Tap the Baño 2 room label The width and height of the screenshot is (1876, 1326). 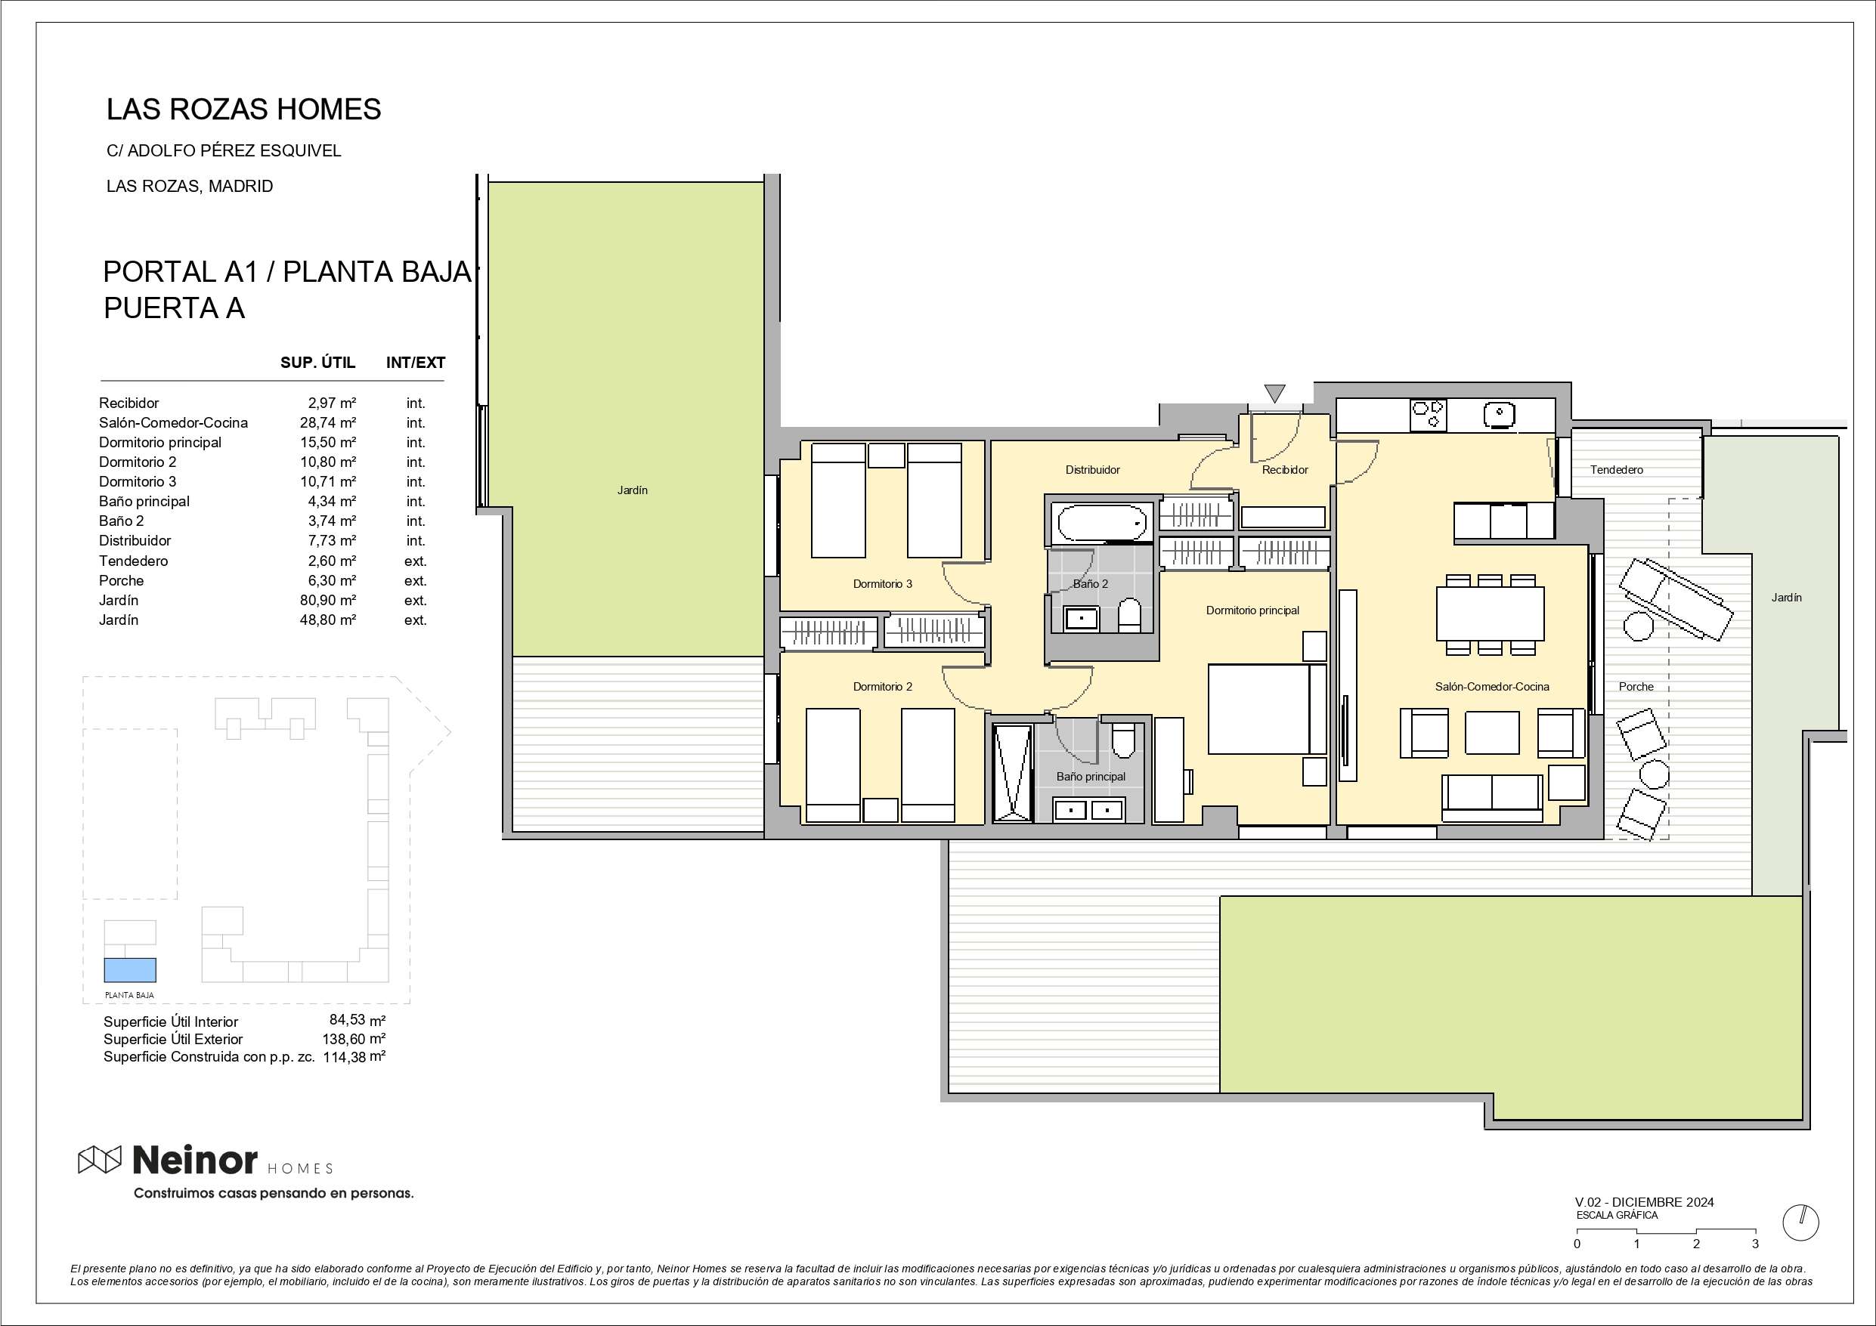[1091, 583]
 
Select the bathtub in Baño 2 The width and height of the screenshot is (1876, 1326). [1101, 523]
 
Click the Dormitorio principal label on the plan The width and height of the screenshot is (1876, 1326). [1252, 610]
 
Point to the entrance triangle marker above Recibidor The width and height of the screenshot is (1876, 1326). [1274, 393]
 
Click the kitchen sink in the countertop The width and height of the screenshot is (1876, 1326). [1500, 415]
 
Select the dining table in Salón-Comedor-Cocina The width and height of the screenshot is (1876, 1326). [1491, 614]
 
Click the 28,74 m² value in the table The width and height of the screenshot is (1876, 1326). [327, 422]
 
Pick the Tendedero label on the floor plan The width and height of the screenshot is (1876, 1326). [1616, 470]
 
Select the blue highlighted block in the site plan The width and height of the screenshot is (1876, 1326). [129, 970]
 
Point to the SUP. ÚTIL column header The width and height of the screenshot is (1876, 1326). [318, 363]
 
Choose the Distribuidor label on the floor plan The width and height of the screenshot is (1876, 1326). [1092, 470]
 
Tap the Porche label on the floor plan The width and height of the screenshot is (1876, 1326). [1636, 687]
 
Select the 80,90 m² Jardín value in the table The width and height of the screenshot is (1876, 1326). [327, 601]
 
